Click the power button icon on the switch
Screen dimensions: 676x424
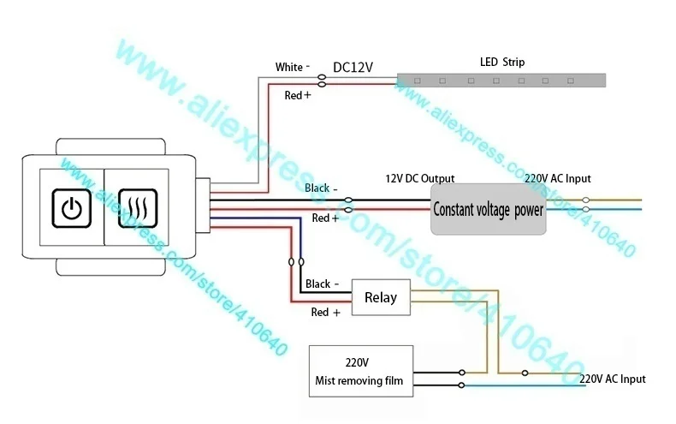(72, 208)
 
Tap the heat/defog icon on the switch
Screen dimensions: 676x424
(138, 208)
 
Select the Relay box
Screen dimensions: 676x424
(381, 297)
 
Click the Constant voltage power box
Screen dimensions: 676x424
(488, 209)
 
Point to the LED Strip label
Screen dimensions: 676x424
(502, 63)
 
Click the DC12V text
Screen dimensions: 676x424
(353, 67)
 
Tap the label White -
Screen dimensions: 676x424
(293, 67)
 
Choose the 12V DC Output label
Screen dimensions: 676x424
(420, 178)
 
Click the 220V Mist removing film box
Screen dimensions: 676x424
(361, 371)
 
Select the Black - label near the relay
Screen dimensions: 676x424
(322, 284)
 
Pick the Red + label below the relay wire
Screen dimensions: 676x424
(325, 312)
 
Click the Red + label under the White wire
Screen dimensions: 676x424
(298, 95)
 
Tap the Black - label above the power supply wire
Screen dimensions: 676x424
(321, 188)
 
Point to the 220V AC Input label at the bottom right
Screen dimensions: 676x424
(613, 379)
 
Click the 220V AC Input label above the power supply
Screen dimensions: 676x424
(558, 178)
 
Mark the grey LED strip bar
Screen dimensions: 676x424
(501, 81)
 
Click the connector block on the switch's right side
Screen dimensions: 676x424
(203, 206)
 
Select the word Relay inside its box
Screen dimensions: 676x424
(381, 297)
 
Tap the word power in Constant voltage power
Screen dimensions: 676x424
(529, 210)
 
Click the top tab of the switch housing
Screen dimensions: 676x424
(110, 146)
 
